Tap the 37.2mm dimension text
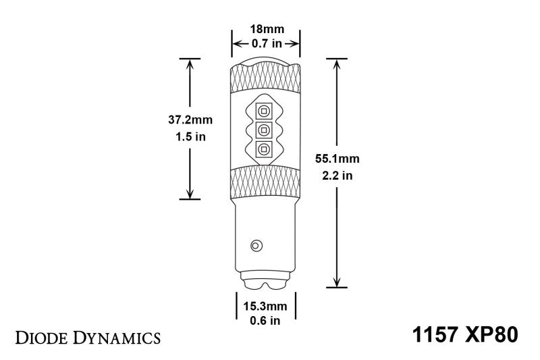(190, 120)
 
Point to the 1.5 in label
(190, 136)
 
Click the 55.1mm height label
(337, 159)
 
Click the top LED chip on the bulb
(264, 109)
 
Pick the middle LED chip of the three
(264, 130)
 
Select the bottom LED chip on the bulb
(264, 149)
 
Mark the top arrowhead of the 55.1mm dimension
(337, 63)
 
